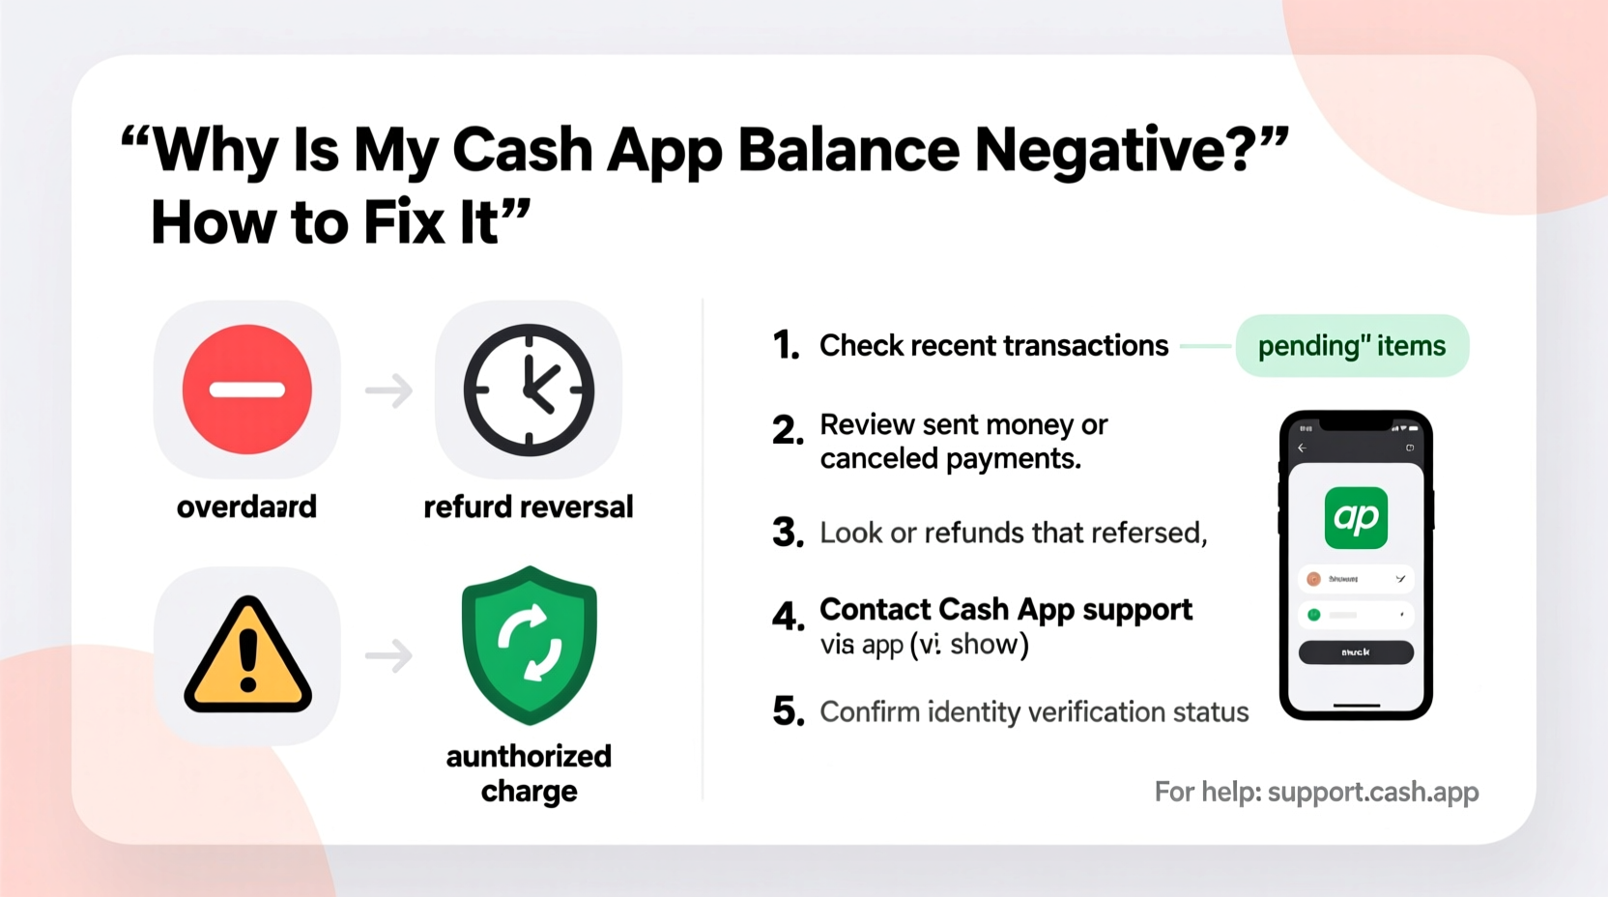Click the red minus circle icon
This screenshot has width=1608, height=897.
(247, 390)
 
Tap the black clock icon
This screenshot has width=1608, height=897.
(529, 390)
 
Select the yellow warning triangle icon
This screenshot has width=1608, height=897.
(247, 655)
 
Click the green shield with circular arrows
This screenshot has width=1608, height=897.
(529, 645)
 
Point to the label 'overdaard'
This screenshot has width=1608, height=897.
(246, 506)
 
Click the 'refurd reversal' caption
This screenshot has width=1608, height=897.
(529, 506)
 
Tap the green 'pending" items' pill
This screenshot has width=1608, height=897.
(1352, 346)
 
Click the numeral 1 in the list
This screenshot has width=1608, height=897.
(786, 345)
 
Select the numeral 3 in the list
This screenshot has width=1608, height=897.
(788, 533)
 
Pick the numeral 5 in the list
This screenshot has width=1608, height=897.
(788, 712)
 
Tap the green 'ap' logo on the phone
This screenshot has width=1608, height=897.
(1356, 518)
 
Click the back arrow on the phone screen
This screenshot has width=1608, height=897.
(1302, 448)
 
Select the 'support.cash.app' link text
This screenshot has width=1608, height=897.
(1373, 792)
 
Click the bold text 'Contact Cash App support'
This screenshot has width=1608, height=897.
(1006, 610)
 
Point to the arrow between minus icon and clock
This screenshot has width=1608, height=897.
(388, 391)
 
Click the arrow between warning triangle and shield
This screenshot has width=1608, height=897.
(388, 656)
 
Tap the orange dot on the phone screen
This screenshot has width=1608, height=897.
(1313, 579)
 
